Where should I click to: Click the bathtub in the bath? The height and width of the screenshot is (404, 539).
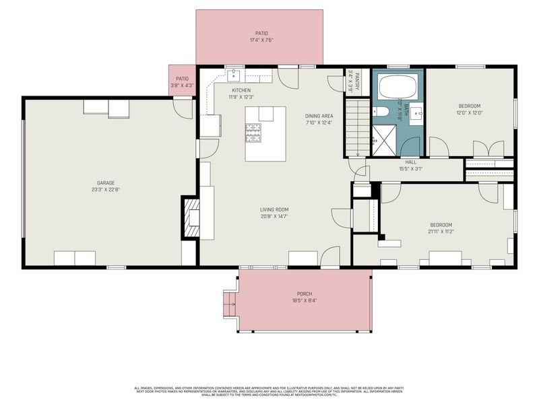(x=398, y=87)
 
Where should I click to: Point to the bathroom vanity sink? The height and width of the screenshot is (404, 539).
(x=416, y=111)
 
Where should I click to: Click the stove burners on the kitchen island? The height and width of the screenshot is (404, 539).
(x=253, y=133)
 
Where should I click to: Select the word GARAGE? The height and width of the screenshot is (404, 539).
(x=106, y=182)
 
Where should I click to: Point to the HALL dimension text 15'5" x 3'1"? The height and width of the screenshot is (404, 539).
(x=410, y=169)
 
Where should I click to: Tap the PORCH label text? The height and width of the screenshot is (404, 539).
(x=305, y=294)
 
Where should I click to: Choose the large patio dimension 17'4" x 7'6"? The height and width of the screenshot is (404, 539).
(x=261, y=40)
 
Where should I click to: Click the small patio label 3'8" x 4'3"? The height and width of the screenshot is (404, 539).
(x=182, y=86)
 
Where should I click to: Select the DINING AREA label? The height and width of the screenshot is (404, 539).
(x=319, y=116)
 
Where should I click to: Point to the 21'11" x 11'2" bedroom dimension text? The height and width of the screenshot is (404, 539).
(x=441, y=231)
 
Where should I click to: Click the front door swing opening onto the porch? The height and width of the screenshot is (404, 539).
(x=329, y=258)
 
